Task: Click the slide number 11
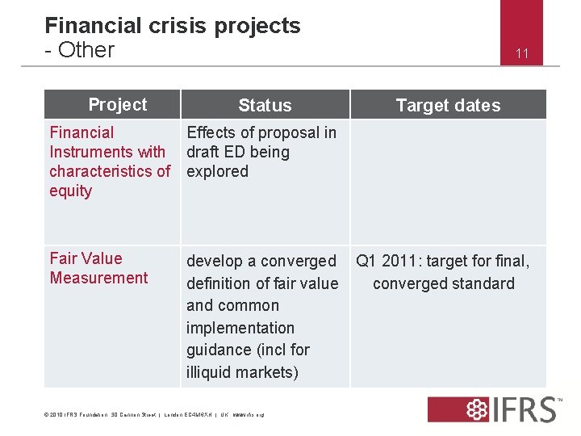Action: pos(522,54)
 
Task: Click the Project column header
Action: pos(118,104)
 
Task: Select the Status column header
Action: pos(265,105)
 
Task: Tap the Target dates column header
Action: pos(448,105)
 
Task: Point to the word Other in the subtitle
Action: pos(86,50)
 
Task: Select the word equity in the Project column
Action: pos(71,191)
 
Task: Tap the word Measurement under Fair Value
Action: pos(98,278)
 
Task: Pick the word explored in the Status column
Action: pos(218,171)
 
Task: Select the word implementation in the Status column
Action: pos(240,328)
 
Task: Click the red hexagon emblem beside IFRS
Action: pos(464,409)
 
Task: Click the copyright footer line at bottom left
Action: pos(153,415)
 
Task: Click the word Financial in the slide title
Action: pos(93,26)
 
